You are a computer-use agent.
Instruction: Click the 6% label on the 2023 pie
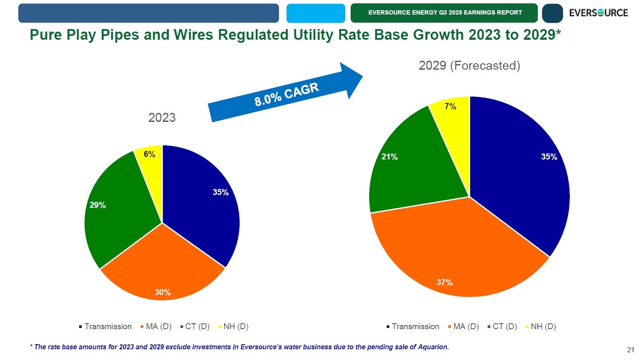pos(149,154)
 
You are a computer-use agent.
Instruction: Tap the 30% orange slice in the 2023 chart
pos(163,269)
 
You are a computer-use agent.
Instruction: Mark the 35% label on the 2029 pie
pos(549,157)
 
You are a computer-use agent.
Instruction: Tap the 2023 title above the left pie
pos(162,118)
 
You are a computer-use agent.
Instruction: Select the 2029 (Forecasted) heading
pos(469,65)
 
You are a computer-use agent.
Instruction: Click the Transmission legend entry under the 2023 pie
pos(106,327)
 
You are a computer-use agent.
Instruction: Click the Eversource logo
pos(598,13)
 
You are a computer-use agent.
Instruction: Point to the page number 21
pos(631,350)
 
